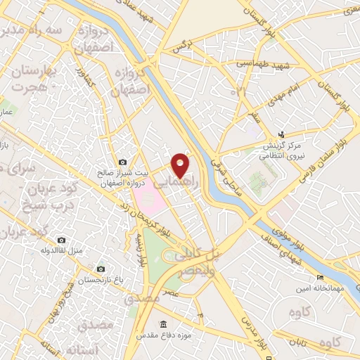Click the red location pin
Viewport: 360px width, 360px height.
click(181, 165)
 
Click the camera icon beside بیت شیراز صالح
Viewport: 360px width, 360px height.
click(123, 162)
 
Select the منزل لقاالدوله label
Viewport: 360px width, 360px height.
click(63, 250)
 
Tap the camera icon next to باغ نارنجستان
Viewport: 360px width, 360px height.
click(101, 269)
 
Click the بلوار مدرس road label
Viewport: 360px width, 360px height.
click(247, 331)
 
